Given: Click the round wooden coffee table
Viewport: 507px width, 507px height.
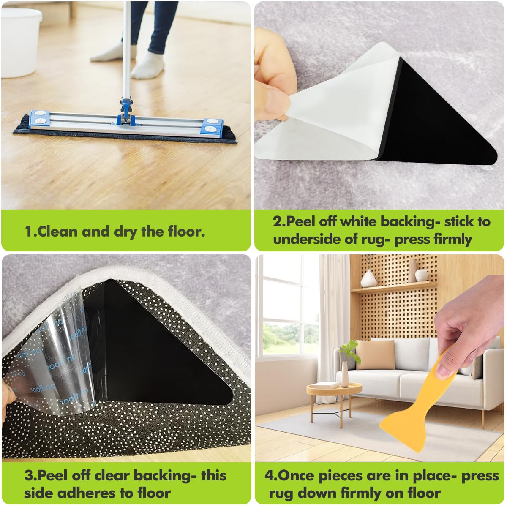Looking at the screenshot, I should coord(334,389).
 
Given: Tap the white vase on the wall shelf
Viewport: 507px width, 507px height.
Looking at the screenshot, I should coord(368,279).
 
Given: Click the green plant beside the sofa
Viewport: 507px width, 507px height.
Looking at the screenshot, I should coord(350,351).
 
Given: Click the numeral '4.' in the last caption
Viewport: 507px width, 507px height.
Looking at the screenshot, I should coord(271,476).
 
